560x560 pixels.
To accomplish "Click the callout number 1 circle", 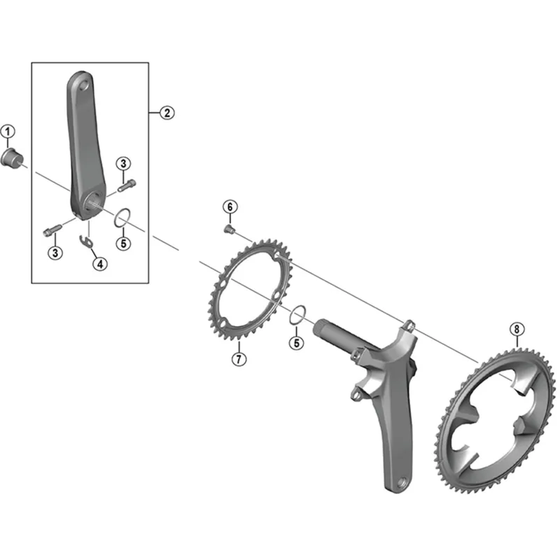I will coord(8,131).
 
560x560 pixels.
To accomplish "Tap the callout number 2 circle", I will coord(166,112).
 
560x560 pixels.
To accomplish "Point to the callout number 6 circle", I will coord(229,206).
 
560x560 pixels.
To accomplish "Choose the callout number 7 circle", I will coord(238,360).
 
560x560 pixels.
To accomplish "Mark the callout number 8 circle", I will coord(516,328).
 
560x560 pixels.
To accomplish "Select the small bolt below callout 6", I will coord(228,228).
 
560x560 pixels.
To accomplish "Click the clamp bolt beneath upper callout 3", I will coord(127,186).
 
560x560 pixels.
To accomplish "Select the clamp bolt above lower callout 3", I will coord(54,229).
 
